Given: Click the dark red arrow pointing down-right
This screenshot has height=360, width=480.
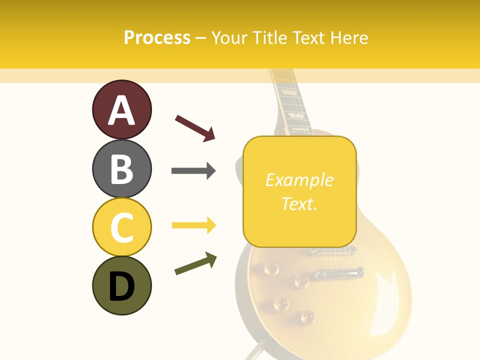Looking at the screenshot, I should (x=195, y=127).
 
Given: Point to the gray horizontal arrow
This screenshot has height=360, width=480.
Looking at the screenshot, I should (x=193, y=171).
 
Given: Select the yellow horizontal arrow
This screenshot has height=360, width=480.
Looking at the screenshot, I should (x=193, y=225).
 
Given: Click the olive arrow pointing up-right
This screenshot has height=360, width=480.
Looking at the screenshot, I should (x=195, y=263).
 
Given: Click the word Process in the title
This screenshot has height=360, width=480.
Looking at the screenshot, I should (x=157, y=37).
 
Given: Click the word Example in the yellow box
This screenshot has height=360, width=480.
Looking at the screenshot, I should (x=299, y=180).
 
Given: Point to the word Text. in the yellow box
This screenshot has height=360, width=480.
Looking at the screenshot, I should (x=299, y=203).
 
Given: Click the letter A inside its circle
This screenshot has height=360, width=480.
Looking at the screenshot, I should (x=121, y=111).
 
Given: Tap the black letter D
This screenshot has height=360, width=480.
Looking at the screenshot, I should (x=121, y=286).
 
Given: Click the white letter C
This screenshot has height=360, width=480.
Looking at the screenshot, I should (x=121, y=227).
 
